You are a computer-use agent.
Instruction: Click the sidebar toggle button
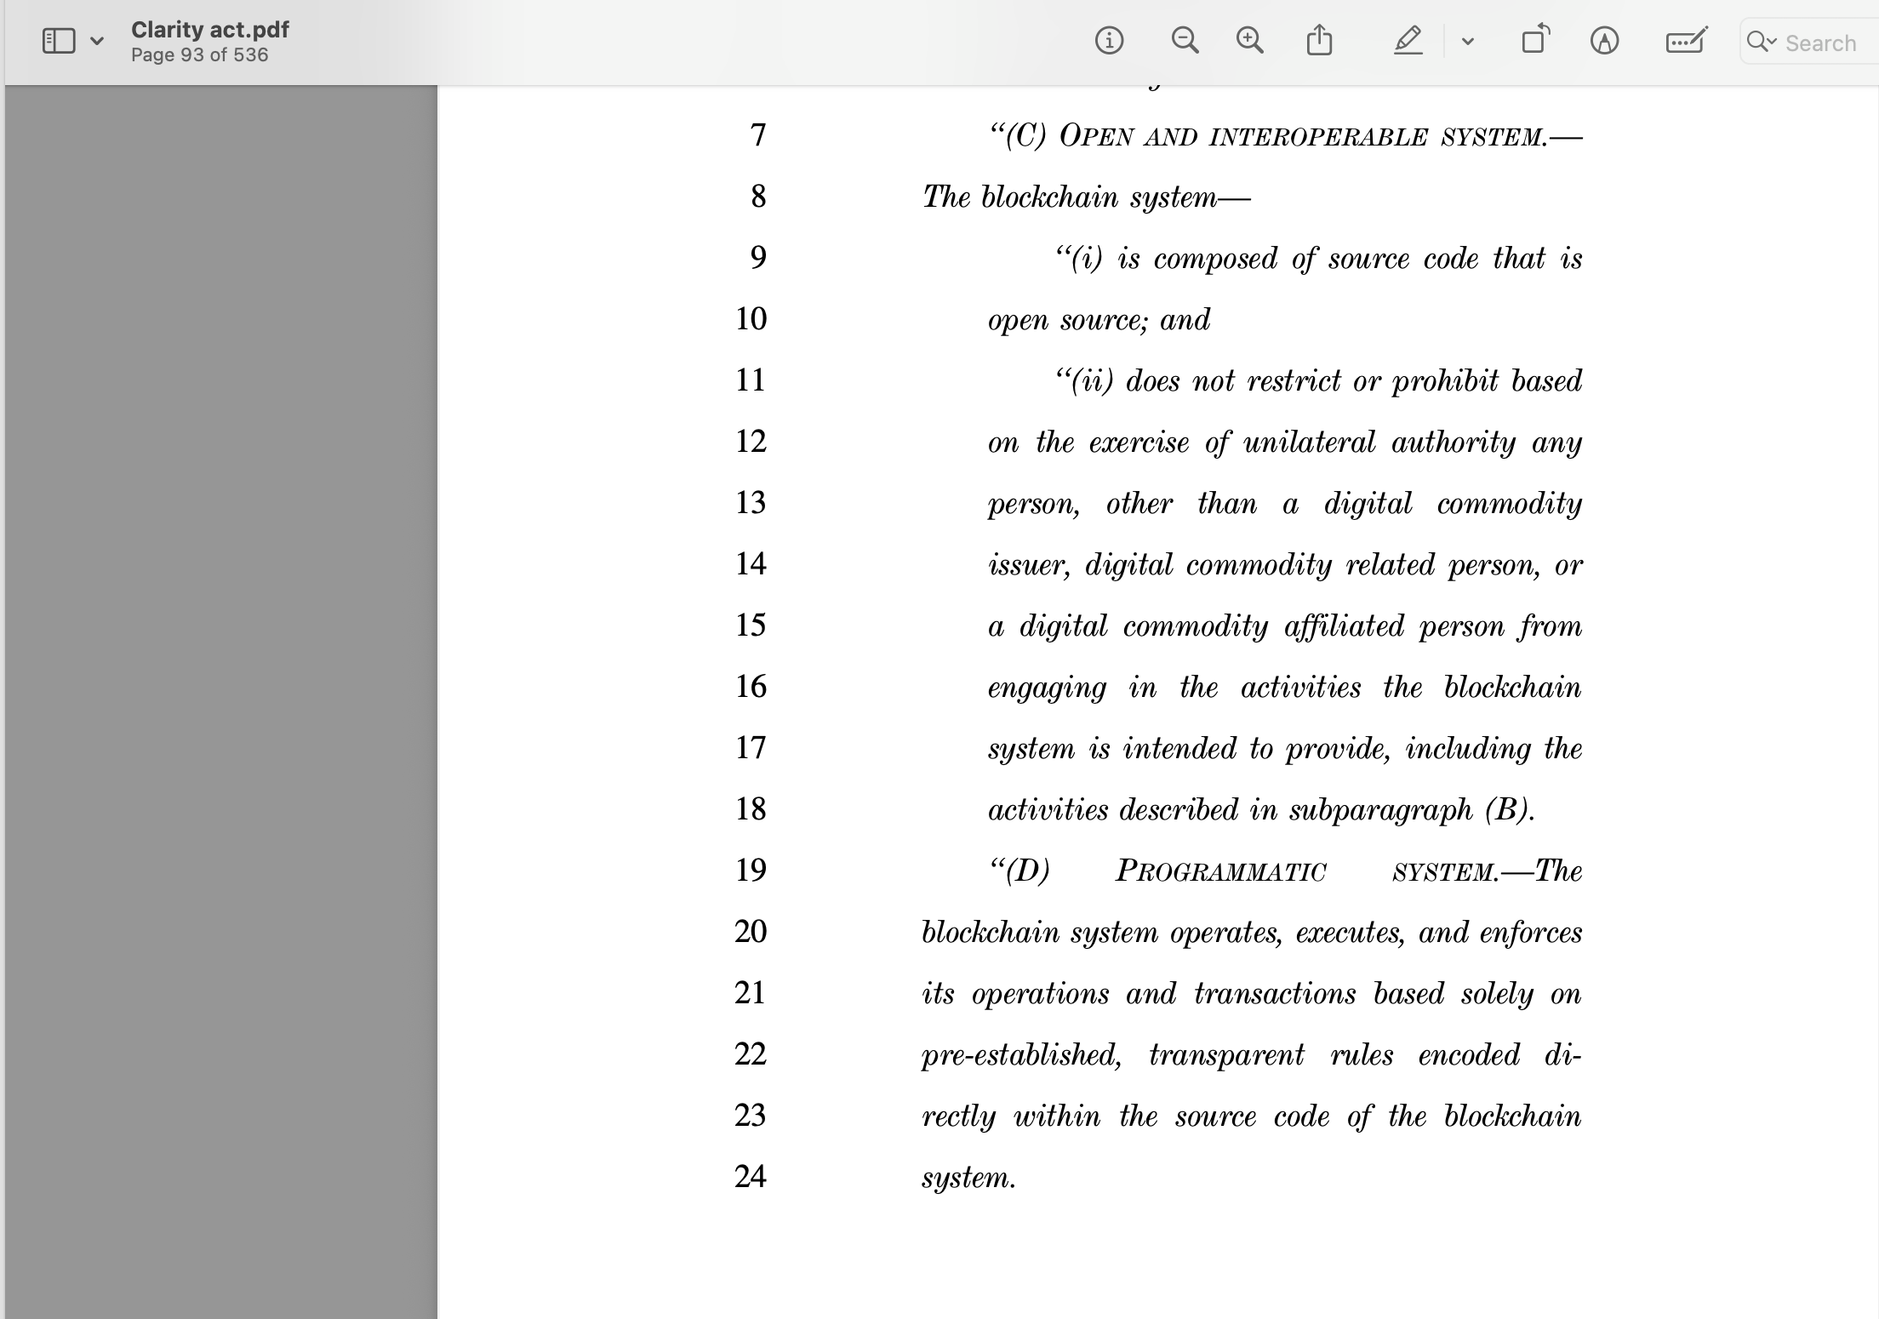click(59, 41)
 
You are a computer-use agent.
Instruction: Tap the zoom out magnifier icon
click(1185, 40)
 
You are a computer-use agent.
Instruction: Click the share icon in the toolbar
click(1319, 40)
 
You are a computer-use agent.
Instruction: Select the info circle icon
click(1109, 40)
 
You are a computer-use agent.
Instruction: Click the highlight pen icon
click(1408, 40)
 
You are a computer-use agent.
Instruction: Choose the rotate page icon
click(1535, 40)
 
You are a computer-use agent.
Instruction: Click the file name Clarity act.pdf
click(210, 30)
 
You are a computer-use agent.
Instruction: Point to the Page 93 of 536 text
click(199, 55)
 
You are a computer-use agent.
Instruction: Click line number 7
click(758, 135)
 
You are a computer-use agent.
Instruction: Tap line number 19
click(751, 870)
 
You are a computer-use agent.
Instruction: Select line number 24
click(751, 1176)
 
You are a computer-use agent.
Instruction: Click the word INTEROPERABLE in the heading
click(1318, 137)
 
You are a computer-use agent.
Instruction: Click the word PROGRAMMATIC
click(1220, 871)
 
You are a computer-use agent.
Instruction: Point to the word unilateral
click(1309, 443)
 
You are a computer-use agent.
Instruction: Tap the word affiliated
click(1344, 626)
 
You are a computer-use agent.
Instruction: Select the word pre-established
click(1021, 1055)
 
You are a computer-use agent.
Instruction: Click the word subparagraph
click(1380, 810)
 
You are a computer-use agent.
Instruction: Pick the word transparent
click(1226, 1055)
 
